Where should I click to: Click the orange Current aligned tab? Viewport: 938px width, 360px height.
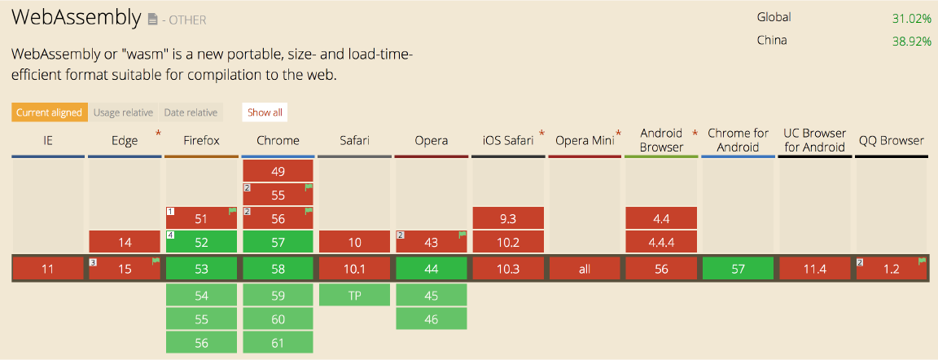tap(49, 112)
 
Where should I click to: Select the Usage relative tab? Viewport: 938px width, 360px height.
tap(123, 112)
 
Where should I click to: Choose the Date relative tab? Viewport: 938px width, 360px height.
tap(191, 112)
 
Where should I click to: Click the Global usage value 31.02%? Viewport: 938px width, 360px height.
tap(911, 18)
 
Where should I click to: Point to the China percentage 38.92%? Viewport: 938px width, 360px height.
tap(911, 42)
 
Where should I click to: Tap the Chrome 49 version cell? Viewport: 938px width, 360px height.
tap(278, 171)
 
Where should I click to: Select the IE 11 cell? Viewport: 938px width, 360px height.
tap(48, 269)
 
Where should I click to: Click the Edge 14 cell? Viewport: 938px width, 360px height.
tap(125, 242)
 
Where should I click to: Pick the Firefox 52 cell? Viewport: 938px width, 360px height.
tap(202, 242)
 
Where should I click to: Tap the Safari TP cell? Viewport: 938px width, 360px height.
tap(355, 295)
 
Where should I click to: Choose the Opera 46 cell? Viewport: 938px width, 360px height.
tap(432, 318)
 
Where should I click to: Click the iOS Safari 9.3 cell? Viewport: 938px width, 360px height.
tap(508, 217)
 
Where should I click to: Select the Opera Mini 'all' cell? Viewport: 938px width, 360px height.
tap(585, 269)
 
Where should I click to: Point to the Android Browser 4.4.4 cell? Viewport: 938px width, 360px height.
tap(661, 242)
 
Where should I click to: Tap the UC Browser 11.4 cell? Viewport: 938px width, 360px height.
tap(815, 269)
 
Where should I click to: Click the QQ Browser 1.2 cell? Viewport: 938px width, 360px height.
tap(892, 269)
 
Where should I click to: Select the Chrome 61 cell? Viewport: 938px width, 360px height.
tap(278, 343)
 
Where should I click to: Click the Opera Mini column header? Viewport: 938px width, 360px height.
tap(585, 141)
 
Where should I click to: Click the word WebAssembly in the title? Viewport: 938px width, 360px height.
tap(76, 18)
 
